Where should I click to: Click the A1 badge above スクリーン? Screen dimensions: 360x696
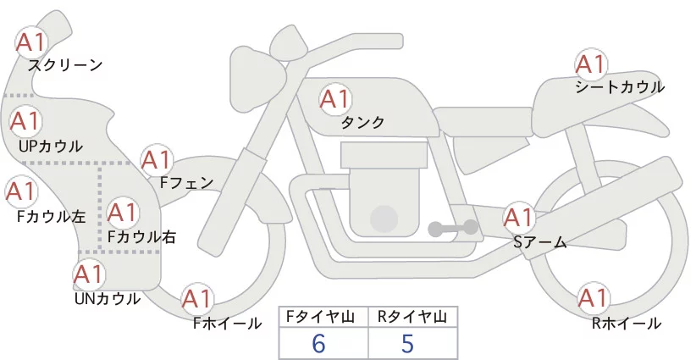pos(31,42)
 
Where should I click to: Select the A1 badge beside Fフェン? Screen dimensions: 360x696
pos(156,159)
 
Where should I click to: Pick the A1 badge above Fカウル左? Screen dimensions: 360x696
pos(19,191)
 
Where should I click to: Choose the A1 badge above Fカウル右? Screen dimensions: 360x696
pos(122,210)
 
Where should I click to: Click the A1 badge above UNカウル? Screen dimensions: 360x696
pos(88,274)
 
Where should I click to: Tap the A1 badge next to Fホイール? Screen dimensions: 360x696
pos(196,299)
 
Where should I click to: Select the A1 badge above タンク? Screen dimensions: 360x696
pos(334,100)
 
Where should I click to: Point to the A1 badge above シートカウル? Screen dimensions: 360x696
pos(589,64)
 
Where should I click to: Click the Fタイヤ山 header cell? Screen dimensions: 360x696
pos(323,317)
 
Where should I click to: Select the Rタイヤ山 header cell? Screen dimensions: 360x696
pos(412,317)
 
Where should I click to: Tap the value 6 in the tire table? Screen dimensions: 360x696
pos(318,344)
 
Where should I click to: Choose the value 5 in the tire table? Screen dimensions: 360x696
pos(407,344)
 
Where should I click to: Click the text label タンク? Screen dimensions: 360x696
pos(363,123)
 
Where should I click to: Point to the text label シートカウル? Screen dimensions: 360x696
pos(620,87)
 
